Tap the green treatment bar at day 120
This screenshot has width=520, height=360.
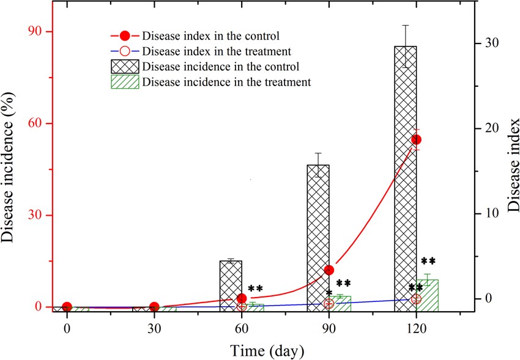point(428,296)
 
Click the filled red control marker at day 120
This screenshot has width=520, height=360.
point(416,140)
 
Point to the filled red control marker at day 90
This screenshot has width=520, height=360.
point(329,270)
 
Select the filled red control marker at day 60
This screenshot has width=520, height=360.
point(242,298)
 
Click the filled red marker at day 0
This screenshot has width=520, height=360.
point(67,307)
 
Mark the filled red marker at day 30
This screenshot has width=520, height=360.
point(154,307)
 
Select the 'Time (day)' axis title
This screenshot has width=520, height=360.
point(267,350)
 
